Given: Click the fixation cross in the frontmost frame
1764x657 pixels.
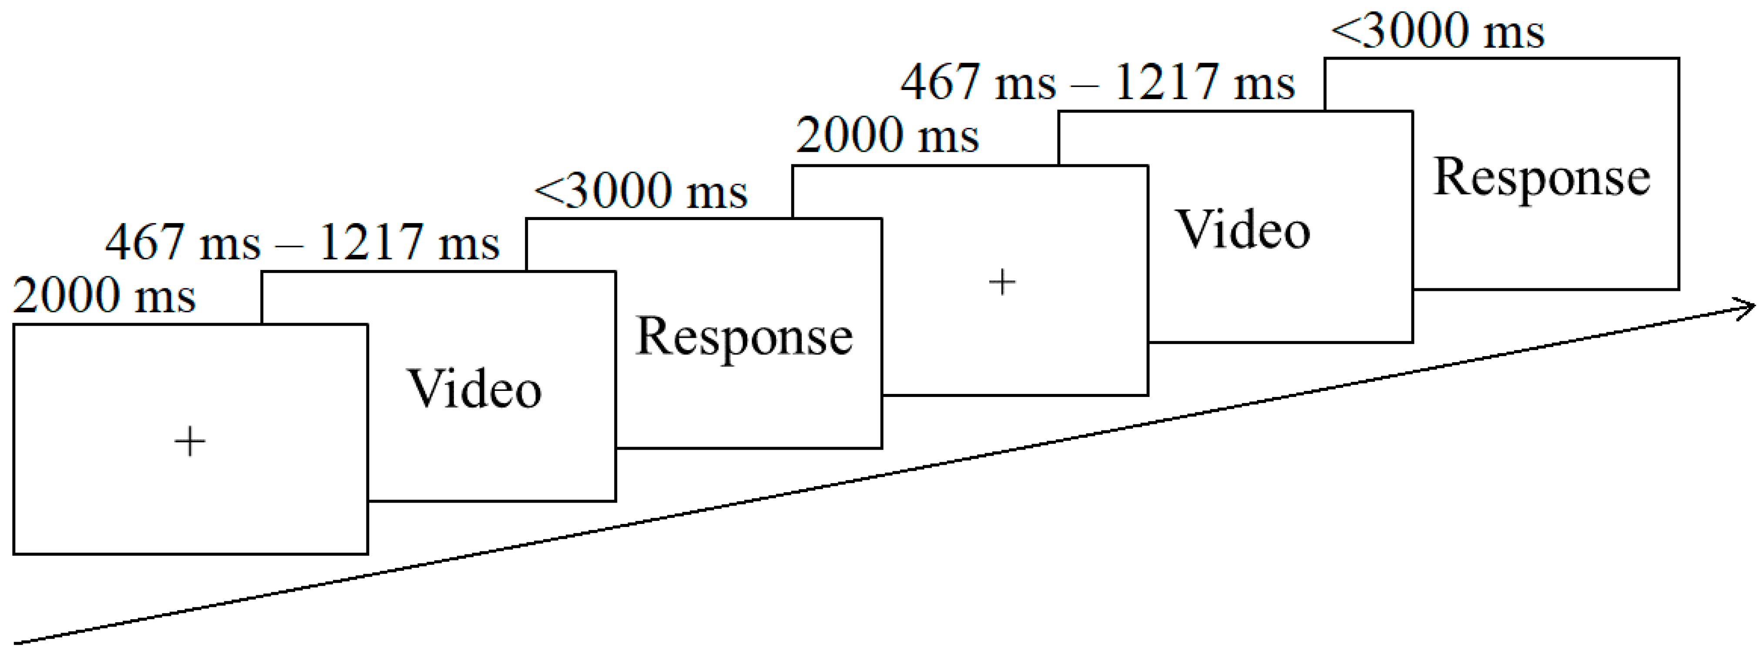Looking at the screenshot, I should click(x=190, y=441).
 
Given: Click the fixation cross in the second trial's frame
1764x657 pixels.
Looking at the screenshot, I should click(x=1002, y=282).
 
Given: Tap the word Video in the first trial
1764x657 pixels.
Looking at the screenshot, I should click(x=474, y=389).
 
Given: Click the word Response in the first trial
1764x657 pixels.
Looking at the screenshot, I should click(x=744, y=337).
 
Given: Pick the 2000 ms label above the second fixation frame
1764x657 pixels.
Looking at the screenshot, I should click(x=887, y=136).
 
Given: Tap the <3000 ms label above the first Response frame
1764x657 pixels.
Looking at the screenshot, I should click(x=640, y=190).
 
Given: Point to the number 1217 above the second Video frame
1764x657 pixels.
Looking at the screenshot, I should click(x=1166, y=83).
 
